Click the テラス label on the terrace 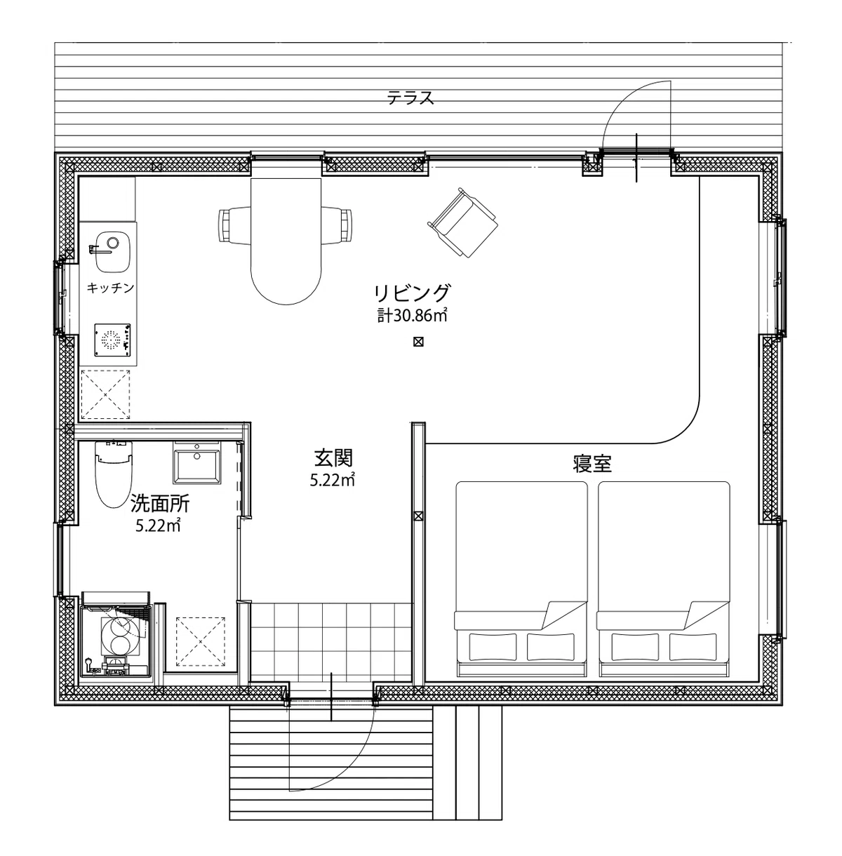click(x=410, y=98)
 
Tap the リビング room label click(x=412, y=293)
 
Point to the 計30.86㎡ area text click(x=412, y=316)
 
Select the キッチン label click(x=110, y=288)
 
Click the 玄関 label click(x=333, y=458)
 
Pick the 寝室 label click(x=592, y=464)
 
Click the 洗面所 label click(x=160, y=504)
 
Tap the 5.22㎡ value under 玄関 click(x=333, y=480)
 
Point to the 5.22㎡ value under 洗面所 click(x=158, y=526)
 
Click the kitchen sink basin click(x=113, y=251)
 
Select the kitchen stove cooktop click(x=112, y=340)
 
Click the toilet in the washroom click(x=114, y=474)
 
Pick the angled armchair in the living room click(x=463, y=222)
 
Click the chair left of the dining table click(x=235, y=225)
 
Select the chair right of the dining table click(x=337, y=225)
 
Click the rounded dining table click(x=286, y=241)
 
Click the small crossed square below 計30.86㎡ click(x=418, y=342)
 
